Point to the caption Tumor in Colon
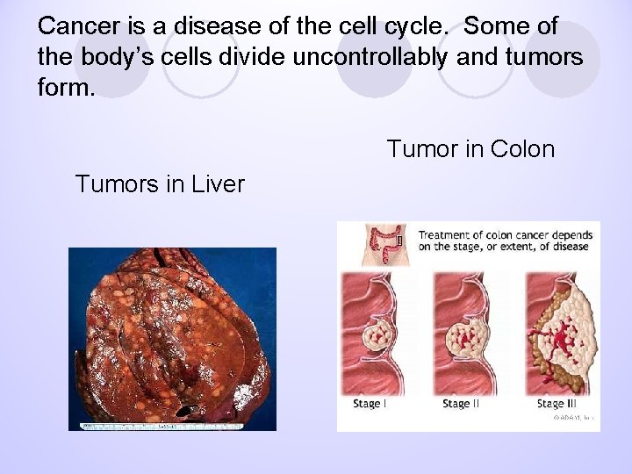click(x=470, y=149)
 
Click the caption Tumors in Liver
click(x=160, y=184)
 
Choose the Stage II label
click(x=462, y=404)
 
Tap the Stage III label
click(x=557, y=404)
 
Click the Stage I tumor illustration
click(x=382, y=338)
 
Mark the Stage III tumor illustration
click(x=562, y=338)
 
